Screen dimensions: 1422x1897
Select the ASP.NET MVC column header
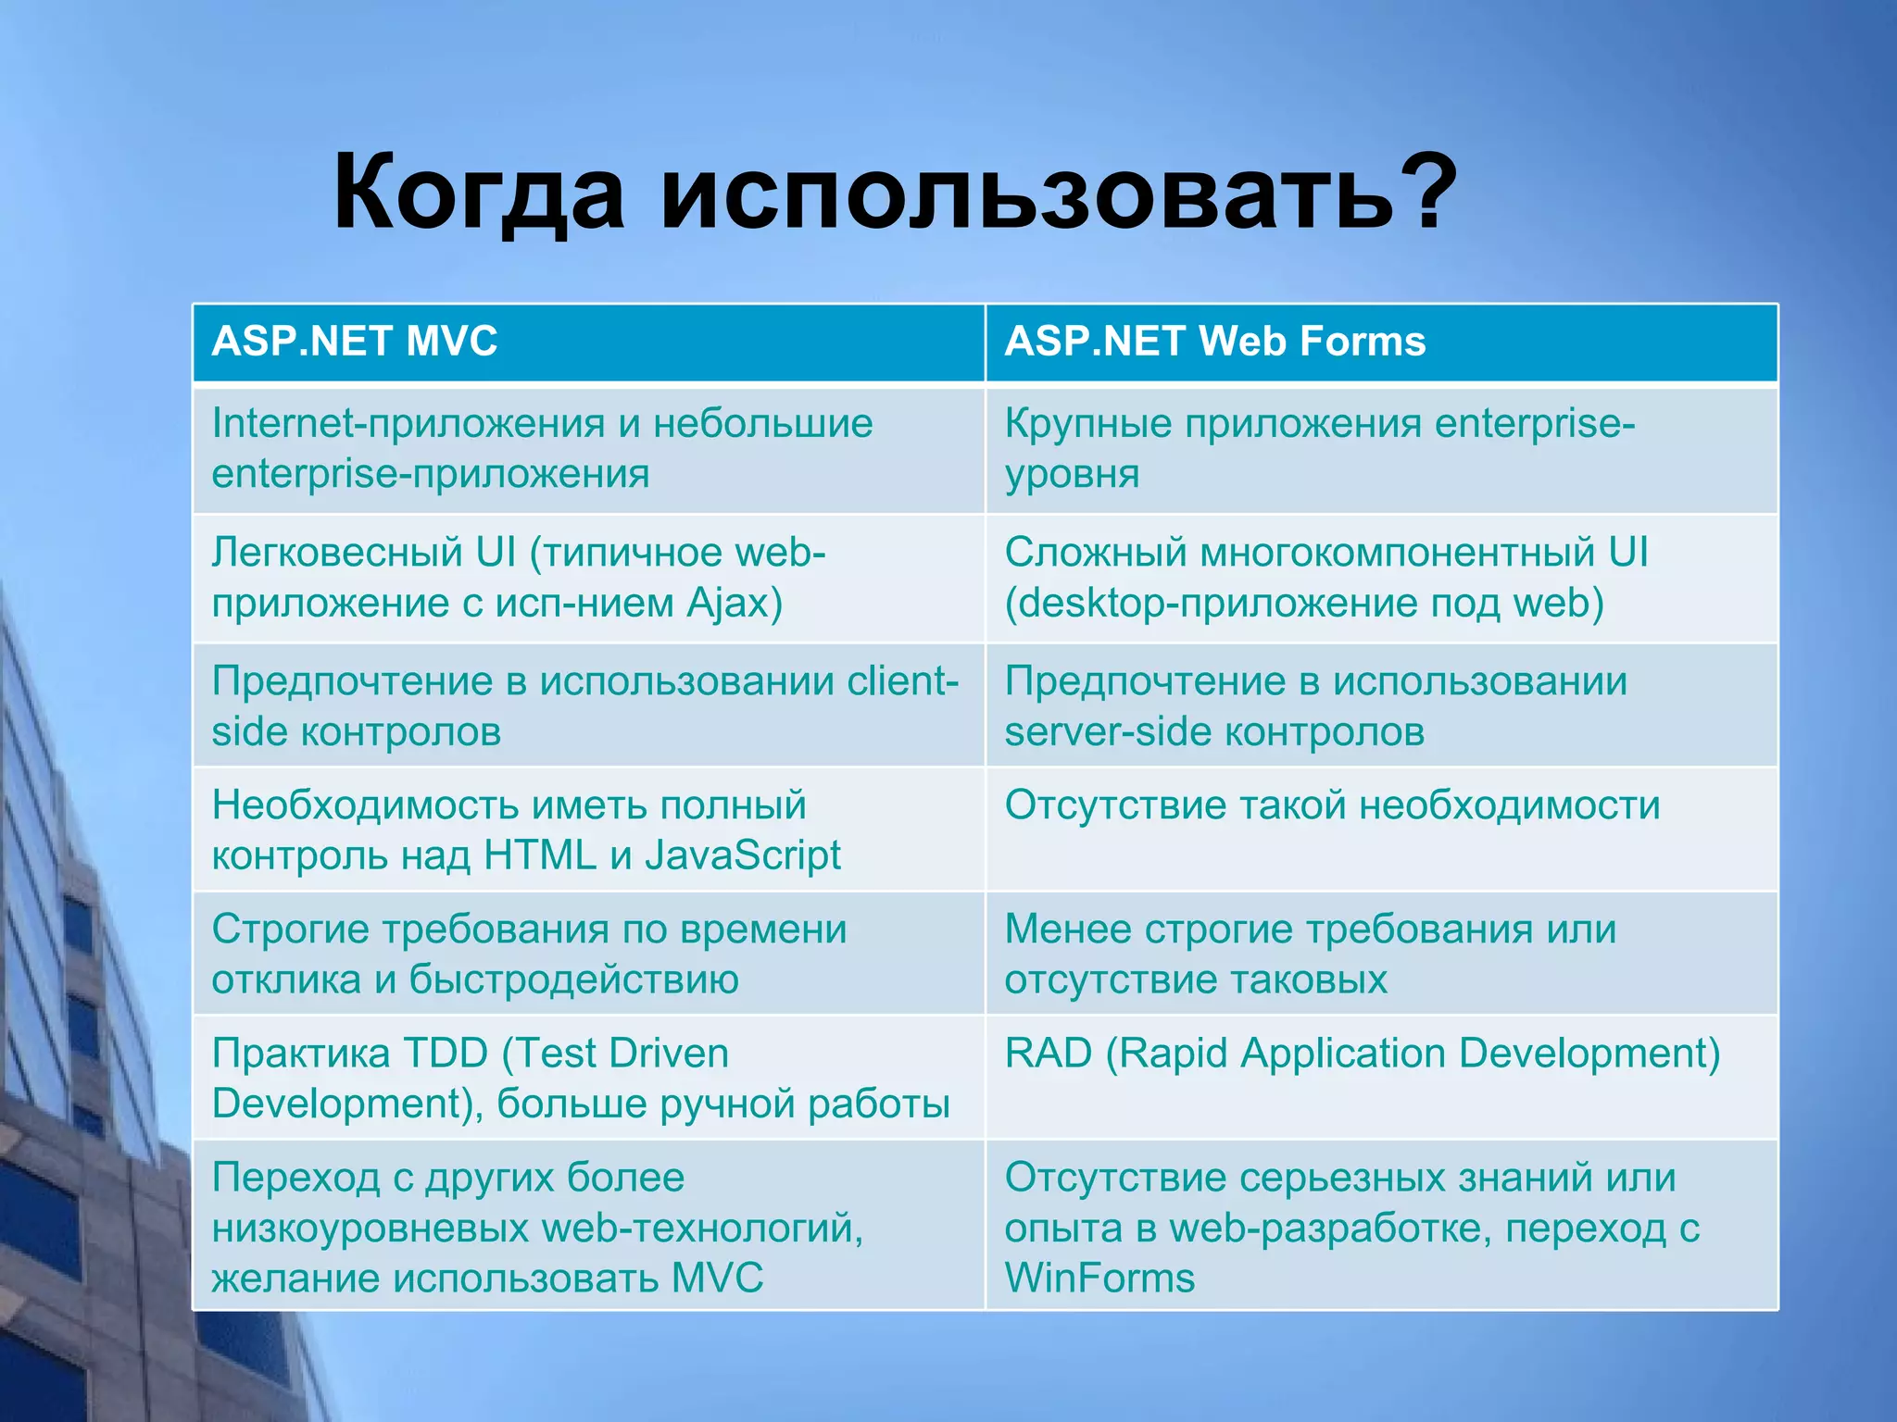coord(355,342)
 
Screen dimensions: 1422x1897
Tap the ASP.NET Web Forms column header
coord(1214,342)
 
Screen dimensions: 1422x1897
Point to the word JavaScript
coord(743,855)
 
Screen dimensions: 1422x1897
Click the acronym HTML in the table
coord(540,855)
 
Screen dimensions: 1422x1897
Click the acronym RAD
coord(1049,1054)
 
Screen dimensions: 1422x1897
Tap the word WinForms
coord(1099,1279)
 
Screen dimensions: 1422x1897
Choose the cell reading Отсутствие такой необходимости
coord(1332,805)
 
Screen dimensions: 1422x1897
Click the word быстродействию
coord(573,979)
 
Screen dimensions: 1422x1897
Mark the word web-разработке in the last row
coord(1330,1229)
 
